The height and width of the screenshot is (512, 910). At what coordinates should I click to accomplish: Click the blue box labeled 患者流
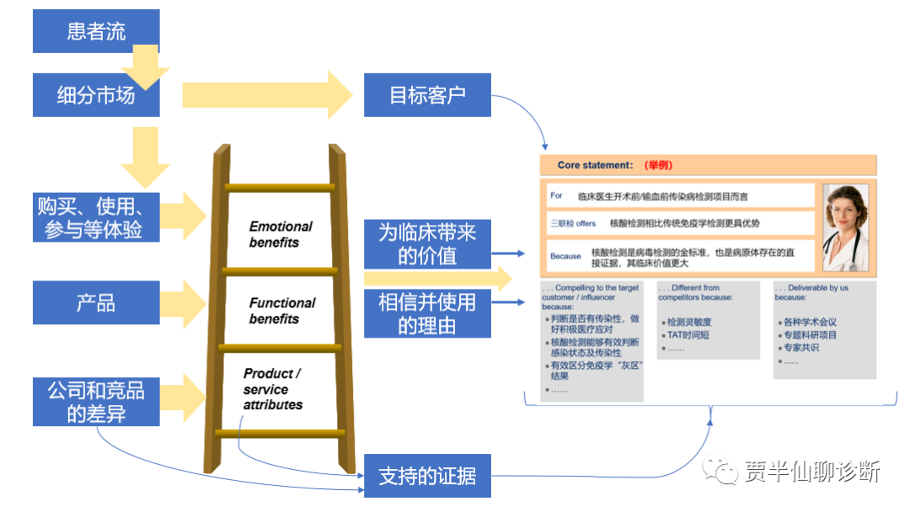[96, 31]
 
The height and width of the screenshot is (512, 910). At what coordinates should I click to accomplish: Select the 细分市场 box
[96, 94]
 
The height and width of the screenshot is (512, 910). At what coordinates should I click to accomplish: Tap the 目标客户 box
[427, 94]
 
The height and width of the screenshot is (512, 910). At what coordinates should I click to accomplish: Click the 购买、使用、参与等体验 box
[96, 217]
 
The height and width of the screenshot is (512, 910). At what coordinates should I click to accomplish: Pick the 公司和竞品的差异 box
[96, 402]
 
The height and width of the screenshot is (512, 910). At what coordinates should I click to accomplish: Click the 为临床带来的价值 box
[427, 244]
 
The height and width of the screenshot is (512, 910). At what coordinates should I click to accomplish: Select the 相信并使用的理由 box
[427, 313]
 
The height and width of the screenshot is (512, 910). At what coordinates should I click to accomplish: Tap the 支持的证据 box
[427, 475]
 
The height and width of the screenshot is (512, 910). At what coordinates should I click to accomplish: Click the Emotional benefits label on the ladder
[281, 234]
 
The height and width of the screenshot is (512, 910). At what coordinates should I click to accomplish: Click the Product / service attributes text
[273, 389]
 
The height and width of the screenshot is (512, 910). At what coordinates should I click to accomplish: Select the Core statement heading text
[595, 165]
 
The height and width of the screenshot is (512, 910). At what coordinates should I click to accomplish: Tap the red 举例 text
[658, 165]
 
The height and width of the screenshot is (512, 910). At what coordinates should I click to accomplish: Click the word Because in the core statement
[565, 256]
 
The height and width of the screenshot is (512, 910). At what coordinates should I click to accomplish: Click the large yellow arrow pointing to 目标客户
[268, 94]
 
